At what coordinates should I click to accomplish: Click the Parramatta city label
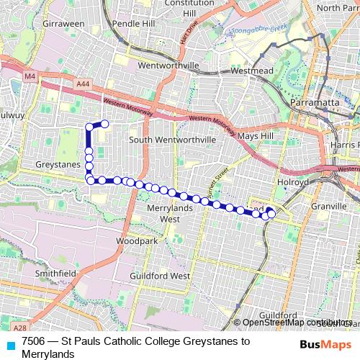[x=315, y=103]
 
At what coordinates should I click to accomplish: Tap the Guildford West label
[x=160, y=276]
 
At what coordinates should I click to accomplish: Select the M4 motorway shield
[x=29, y=75]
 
